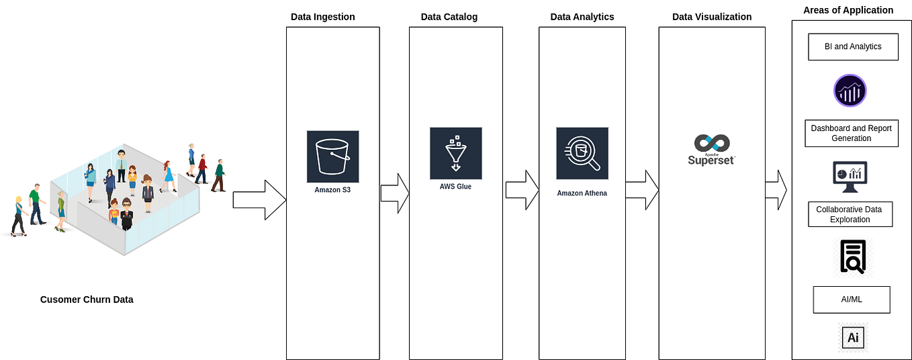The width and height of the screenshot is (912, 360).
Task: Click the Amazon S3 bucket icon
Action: [x=332, y=156]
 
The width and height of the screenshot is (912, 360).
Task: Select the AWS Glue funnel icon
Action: [x=455, y=153]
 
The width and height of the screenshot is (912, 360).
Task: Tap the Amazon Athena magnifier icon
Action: [x=582, y=154]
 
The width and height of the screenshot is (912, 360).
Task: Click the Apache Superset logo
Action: [x=711, y=150]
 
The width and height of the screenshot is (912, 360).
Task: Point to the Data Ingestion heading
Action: [x=322, y=17]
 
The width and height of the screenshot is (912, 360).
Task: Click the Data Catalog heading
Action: [x=449, y=17]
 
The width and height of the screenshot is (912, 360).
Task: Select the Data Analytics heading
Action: [x=582, y=17]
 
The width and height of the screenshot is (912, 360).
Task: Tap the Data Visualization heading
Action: [x=712, y=17]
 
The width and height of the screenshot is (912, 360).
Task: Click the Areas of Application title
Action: [x=848, y=10]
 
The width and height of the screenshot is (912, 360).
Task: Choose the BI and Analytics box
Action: [x=852, y=47]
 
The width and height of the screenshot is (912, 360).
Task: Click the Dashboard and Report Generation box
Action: [x=851, y=133]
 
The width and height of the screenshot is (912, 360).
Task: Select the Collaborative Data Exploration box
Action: [x=849, y=214]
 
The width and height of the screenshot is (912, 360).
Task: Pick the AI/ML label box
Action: [x=851, y=299]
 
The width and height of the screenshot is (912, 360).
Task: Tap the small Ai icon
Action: [x=853, y=337]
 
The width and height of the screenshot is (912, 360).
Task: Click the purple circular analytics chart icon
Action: [x=850, y=91]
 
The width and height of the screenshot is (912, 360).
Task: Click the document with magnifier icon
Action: [x=853, y=257]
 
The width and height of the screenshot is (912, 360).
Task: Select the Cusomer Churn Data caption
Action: [x=87, y=300]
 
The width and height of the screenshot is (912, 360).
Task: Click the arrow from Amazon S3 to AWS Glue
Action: [x=395, y=193]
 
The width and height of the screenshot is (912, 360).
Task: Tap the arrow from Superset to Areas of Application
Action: [x=776, y=190]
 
